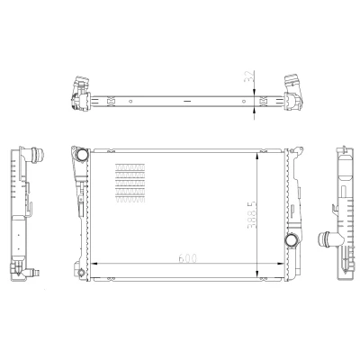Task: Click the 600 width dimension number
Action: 187,258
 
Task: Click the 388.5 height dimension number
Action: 252,215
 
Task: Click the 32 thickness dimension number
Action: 249,77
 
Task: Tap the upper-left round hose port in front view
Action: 82,154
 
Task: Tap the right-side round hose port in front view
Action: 291,240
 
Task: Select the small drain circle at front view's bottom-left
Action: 81,273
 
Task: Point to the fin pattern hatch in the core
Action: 130,183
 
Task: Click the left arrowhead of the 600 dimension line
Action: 94,264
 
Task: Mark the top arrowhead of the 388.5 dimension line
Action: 257,156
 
